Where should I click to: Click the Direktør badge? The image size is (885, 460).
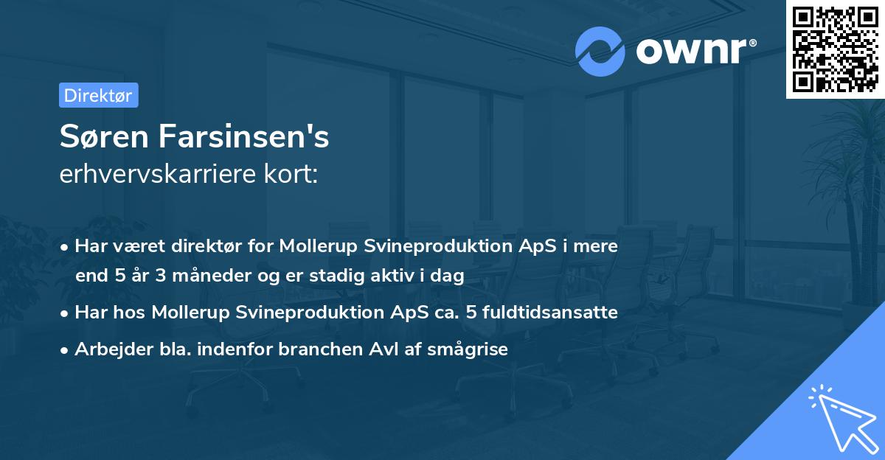coord(98,95)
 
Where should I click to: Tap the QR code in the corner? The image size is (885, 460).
coord(836,49)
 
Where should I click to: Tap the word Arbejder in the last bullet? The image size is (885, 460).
coord(107,349)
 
